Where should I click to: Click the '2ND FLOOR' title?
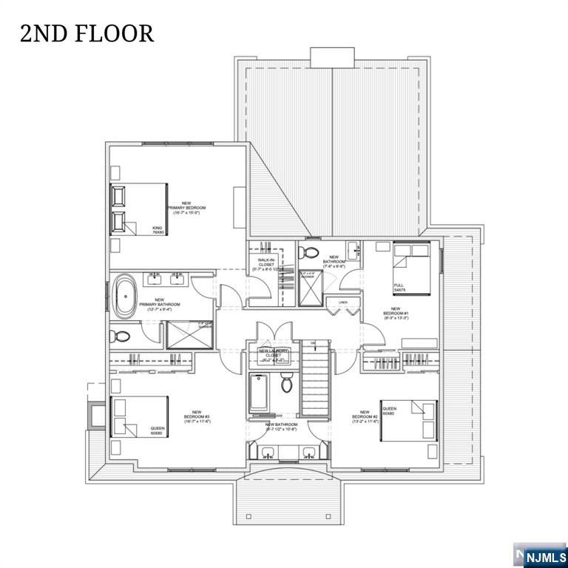pos(87,33)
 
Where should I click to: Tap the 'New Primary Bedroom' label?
pos(186,209)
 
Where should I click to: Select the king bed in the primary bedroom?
pos(138,209)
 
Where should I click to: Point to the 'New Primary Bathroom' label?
pos(160,304)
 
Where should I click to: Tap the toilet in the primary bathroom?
pos(121,336)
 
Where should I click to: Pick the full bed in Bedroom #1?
pos(410,268)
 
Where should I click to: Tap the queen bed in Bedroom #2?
pos(408,421)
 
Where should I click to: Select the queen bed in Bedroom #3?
pos(139,418)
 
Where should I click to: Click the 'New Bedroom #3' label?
pos(197,417)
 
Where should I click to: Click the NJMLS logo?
pos(544,555)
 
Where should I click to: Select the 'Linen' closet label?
pos(342,302)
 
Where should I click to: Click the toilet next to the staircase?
pos(288,384)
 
